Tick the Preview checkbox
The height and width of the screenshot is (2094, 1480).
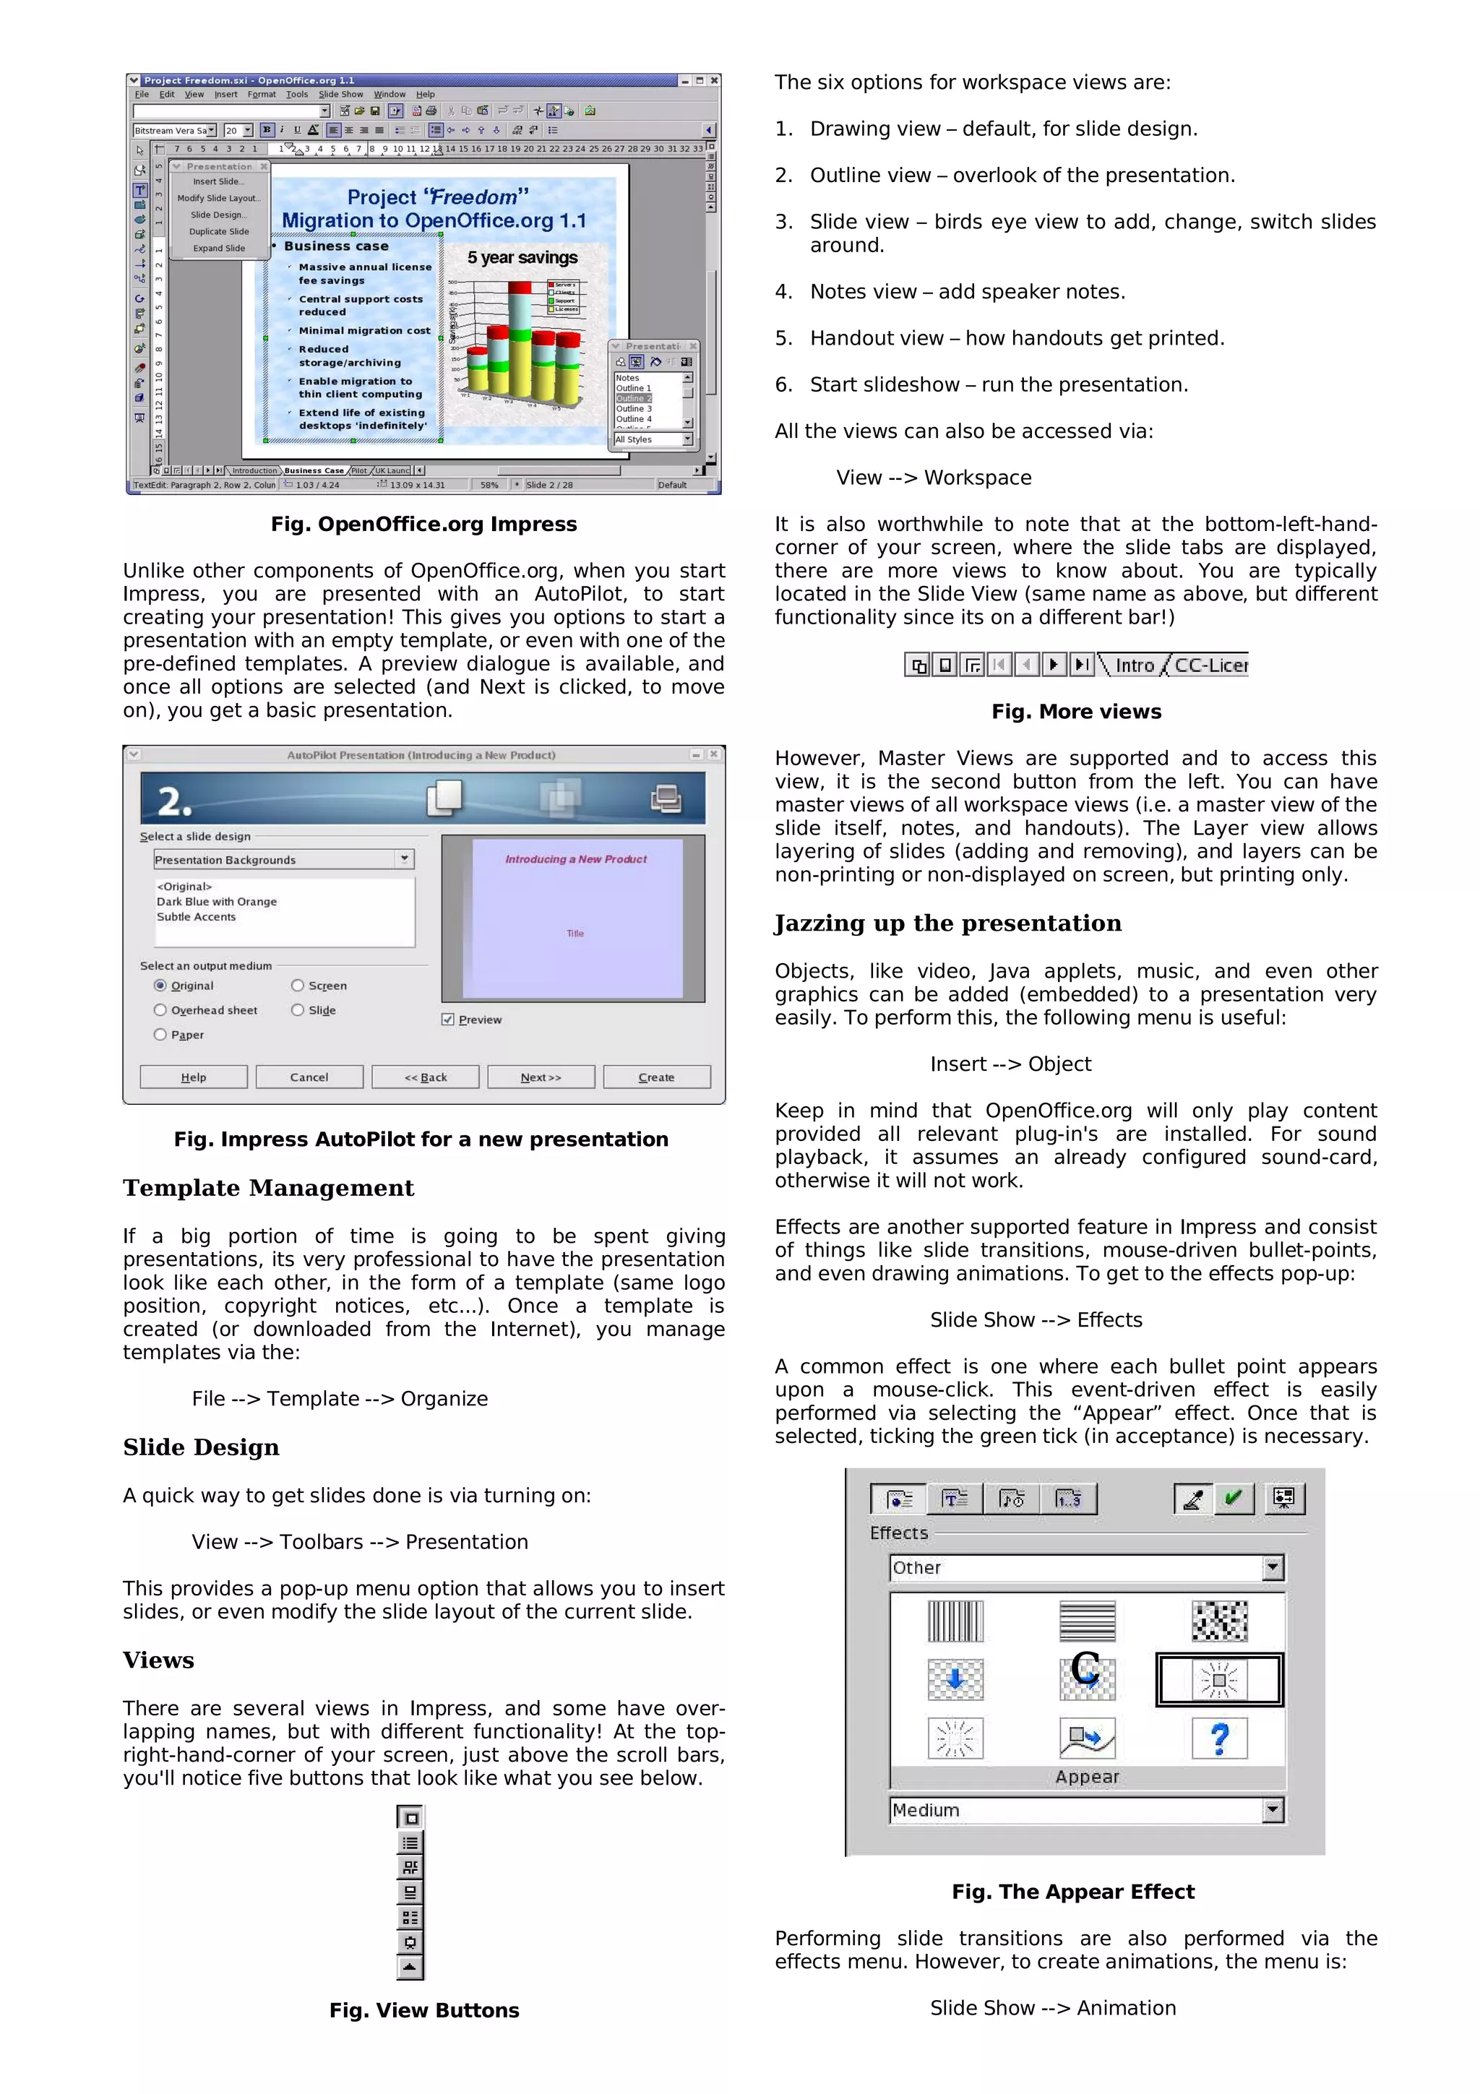coord(448,1019)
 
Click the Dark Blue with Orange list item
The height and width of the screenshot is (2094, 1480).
coord(217,901)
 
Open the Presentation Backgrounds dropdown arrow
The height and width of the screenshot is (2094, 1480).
coord(405,858)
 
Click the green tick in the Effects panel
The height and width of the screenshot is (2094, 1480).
coord(1233,1498)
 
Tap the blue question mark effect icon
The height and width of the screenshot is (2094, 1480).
coord(1219,1738)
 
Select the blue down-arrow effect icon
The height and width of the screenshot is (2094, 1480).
coord(955,1679)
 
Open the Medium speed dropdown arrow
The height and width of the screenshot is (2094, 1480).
coord(1273,1809)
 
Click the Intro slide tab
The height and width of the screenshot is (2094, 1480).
coord(1135,665)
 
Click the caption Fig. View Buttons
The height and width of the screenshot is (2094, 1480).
coord(424,2010)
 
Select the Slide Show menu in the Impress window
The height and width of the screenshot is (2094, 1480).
coord(340,94)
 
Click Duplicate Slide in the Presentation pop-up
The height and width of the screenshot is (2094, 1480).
coord(219,232)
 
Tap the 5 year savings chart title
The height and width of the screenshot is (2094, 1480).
coord(522,258)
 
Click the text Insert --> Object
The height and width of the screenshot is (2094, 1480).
coord(1010,1064)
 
